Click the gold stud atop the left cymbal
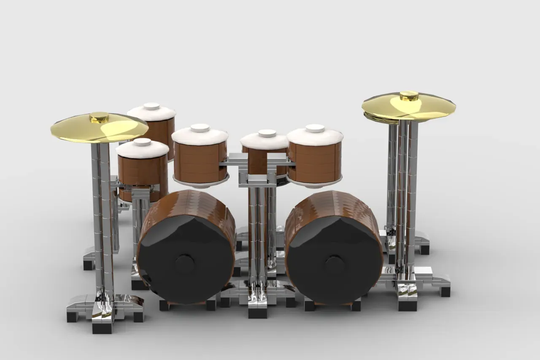pyautogui.click(x=99, y=117)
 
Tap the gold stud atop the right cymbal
pyautogui.click(x=408, y=96)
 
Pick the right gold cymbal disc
pyautogui.click(x=435, y=108)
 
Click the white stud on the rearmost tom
pyautogui.click(x=151, y=106)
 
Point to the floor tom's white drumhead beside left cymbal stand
pyautogui.click(x=143, y=149)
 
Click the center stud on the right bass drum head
pyautogui.click(x=334, y=264)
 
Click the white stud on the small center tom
pyautogui.click(x=267, y=133)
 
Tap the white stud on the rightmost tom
pyautogui.click(x=315, y=128)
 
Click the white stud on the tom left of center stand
pyautogui.click(x=200, y=127)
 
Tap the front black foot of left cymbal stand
pyautogui.click(x=102, y=327)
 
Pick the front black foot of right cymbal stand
pyautogui.click(x=407, y=305)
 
